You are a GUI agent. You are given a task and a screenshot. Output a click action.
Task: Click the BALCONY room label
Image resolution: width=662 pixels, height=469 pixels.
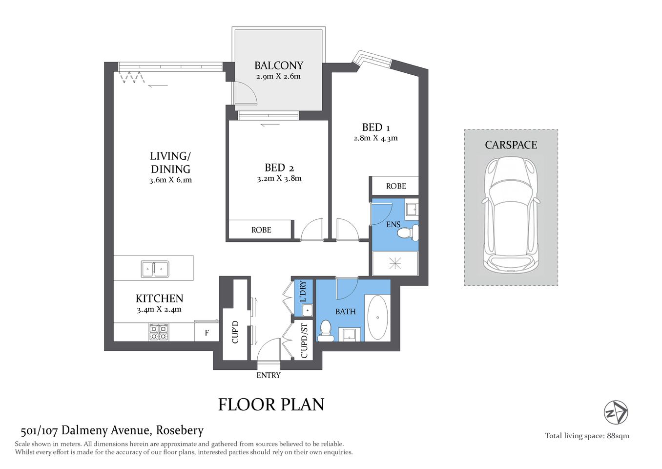278,65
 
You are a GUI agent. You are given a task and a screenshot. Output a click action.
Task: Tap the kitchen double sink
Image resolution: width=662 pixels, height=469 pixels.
155,269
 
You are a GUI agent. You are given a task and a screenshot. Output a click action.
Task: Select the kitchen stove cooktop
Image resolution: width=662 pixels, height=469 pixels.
158,332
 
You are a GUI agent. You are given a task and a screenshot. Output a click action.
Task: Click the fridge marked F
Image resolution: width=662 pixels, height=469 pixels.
207,333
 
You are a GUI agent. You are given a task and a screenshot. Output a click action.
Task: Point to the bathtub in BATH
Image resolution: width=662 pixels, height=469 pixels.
377,318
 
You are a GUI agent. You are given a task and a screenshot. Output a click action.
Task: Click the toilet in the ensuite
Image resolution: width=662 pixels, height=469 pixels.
407,233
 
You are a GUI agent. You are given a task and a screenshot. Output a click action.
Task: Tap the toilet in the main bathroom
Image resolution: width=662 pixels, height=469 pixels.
326,331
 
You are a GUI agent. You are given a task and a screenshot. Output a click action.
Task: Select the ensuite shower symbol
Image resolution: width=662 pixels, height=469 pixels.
395,264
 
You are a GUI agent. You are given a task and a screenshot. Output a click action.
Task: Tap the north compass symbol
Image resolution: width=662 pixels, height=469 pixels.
616,412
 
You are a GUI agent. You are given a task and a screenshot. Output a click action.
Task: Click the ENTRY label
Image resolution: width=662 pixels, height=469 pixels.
269,375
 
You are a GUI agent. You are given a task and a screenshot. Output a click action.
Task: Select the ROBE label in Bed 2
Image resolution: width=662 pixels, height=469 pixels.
261,230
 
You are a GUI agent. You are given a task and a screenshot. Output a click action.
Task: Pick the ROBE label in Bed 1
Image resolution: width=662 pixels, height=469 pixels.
395,186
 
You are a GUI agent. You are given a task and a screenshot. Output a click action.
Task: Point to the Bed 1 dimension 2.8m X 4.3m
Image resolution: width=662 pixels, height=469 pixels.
375,138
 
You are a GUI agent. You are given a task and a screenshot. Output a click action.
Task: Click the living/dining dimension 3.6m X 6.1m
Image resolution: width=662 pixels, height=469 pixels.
170,180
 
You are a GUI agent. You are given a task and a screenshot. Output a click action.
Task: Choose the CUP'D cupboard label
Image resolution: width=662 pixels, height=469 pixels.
235,332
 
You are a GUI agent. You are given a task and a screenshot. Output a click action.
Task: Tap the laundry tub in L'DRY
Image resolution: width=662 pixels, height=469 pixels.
307,310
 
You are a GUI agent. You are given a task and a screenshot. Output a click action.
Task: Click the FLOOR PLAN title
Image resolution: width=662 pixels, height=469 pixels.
271,405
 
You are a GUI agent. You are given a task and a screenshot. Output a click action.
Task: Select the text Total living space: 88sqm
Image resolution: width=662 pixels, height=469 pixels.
587,436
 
